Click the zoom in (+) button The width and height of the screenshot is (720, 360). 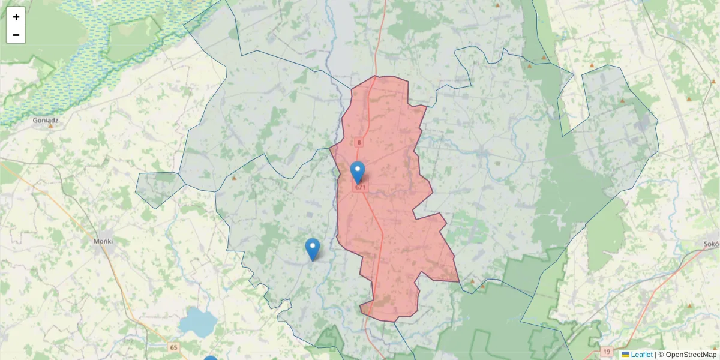(16, 17)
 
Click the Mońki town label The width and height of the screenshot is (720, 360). (103, 241)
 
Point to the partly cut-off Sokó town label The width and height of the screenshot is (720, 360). (712, 244)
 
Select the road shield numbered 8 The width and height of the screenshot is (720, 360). (359, 142)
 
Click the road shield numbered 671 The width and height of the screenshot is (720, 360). (360, 187)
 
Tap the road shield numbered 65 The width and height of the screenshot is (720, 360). (174, 347)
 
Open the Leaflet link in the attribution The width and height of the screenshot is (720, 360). (641, 355)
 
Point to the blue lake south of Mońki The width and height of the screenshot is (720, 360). (198, 322)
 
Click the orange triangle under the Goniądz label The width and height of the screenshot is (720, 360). (50, 126)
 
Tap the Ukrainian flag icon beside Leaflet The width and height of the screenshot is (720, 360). (626, 355)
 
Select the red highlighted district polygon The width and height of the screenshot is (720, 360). (390, 240)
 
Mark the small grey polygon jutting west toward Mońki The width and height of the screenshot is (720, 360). (157, 188)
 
